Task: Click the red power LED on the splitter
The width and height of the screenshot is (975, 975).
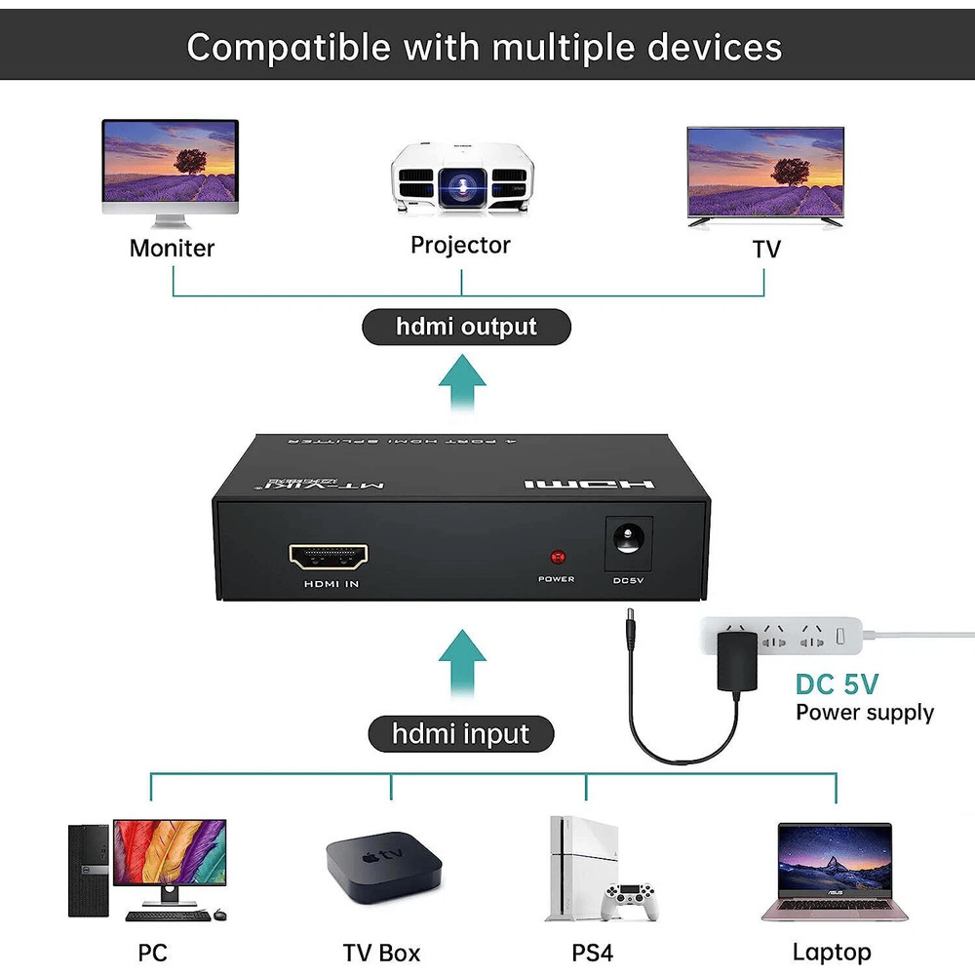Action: (x=559, y=558)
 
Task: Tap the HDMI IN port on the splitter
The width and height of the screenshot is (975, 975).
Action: (x=329, y=558)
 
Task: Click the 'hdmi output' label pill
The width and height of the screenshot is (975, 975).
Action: (x=466, y=327)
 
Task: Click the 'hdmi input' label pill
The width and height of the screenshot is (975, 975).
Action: (x=460, y=733)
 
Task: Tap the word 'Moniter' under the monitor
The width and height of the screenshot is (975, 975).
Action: (x=172, y=249)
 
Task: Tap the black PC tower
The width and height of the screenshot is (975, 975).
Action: (x=89, y=870)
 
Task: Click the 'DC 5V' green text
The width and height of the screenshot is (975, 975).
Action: (x=837, y=683)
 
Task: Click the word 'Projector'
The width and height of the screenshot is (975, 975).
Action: (x=460, y=245)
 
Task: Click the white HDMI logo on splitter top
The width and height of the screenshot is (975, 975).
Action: (x=588, y=485)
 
